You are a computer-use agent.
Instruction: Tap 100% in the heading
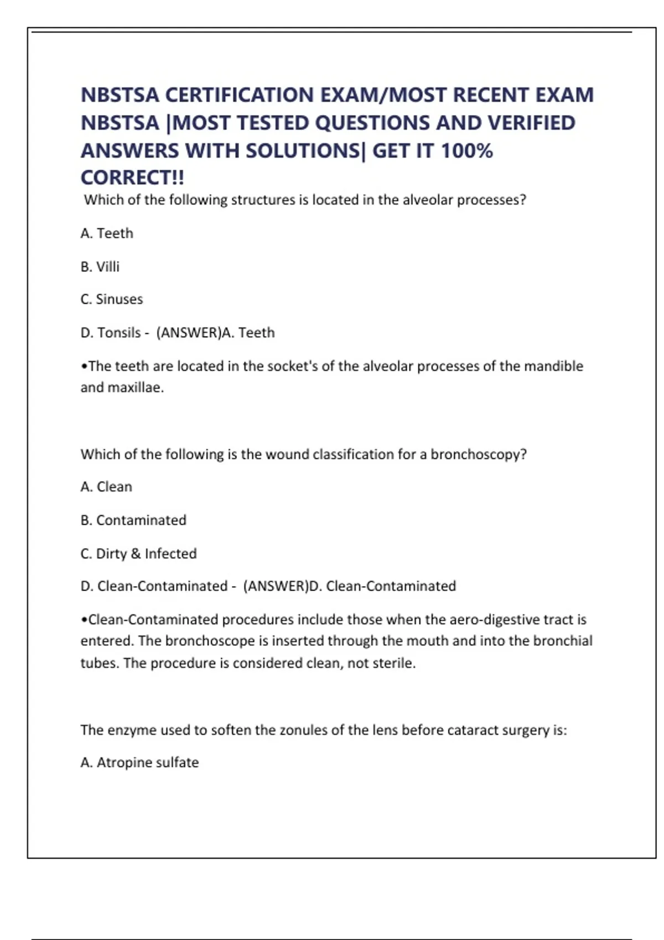click(x=466, y=150)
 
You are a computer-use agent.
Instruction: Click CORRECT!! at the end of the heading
click(x=132, y=178)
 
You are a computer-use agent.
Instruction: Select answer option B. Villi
click(x=100, y=267)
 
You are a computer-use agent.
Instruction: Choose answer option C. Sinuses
click(x=112, y=299)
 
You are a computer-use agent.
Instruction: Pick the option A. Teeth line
click(x=107, y=233)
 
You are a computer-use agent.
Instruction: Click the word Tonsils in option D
click(x=119, y=332)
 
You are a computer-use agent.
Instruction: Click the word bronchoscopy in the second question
click(x=479, y=454)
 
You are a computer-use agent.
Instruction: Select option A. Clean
click(x=106, y=487)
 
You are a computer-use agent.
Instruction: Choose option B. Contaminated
click(x=133, y=520)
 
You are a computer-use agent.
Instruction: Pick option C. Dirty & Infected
click(x=139, y=553)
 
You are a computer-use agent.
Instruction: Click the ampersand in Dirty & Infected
click(x=136, y=553)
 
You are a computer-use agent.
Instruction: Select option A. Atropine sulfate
click(x=139, y=763)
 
